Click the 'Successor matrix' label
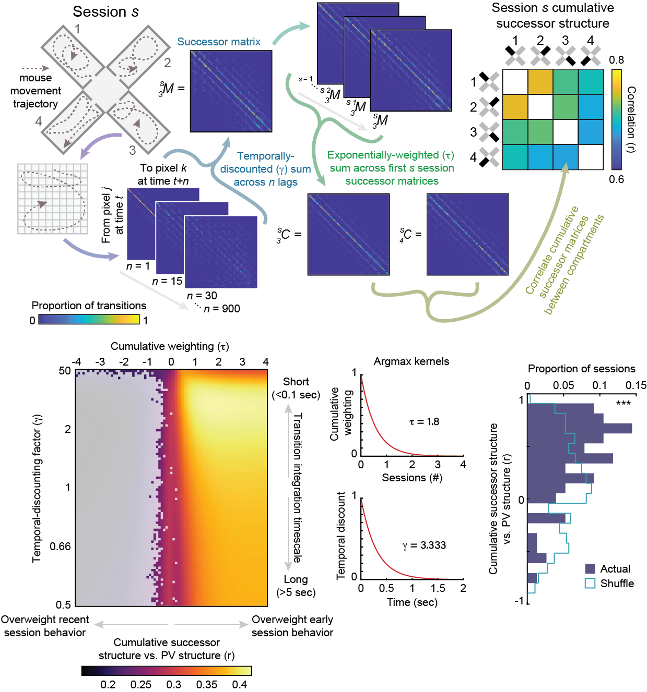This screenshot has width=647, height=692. tap(219, 42)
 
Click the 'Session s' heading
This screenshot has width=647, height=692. tap(105, 11)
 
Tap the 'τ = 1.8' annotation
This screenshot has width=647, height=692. tap(424, 421)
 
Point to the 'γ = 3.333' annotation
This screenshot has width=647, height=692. tap(424, 545)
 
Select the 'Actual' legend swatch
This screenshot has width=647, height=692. tap(591, 568)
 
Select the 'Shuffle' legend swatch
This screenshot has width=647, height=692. tap(591, 583)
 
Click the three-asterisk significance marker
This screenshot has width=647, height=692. tap(623, 403)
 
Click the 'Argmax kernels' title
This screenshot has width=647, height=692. tap(411, 361)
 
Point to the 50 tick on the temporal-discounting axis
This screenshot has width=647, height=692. tap(65, 371)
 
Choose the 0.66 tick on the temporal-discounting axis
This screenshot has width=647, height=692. tap(60, 546)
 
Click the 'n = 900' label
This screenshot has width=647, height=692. tap(221, 309)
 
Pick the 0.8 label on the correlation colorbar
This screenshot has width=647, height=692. tap(616, 60)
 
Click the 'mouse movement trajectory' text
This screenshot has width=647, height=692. tap(36, 91)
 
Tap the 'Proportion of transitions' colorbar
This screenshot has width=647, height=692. tap(89, 320)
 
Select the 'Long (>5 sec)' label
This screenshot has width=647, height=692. tap(296, 586)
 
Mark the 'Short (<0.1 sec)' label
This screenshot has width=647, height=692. tap(296, 388)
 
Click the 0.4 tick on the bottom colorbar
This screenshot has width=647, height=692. tap(239, 684)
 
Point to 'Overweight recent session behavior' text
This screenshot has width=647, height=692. tap(44, 626)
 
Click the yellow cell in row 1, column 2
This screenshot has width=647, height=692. tap(540, 82)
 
